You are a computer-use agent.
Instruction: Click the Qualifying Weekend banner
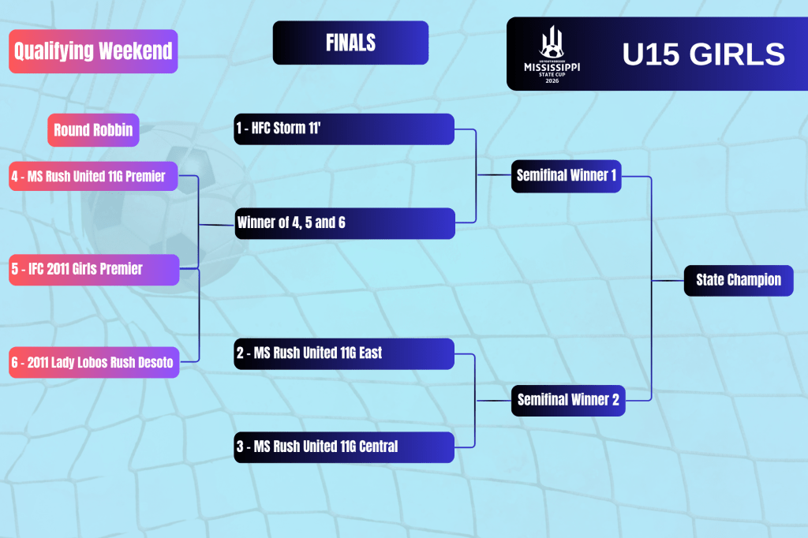tap(93, 51)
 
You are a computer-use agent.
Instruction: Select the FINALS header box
tap(350, 43)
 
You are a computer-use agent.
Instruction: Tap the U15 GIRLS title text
tap(703, 54)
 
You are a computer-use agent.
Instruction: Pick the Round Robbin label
tap(93, 130)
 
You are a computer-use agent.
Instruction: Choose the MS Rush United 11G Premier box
tap(93, 176)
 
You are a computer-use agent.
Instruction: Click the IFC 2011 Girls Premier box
tap(93, 269)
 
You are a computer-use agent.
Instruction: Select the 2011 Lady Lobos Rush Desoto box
tap(93, 363)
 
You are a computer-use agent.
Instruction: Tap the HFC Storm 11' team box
tap(344, 129)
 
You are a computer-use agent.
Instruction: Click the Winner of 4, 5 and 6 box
tap(344, 223)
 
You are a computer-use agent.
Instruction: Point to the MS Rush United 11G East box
tap(344, 353)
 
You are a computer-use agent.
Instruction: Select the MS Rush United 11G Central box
tap(344, 447)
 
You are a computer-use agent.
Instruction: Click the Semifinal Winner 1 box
tap(567, 176)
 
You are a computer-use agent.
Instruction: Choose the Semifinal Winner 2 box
tap(568, 400)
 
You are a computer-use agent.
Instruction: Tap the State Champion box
tap(738, 280)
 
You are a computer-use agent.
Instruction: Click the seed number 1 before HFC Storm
tap(240, 129)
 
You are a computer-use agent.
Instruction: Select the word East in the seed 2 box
tap(368, 353)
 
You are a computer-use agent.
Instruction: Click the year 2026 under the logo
tap(552, 81)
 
